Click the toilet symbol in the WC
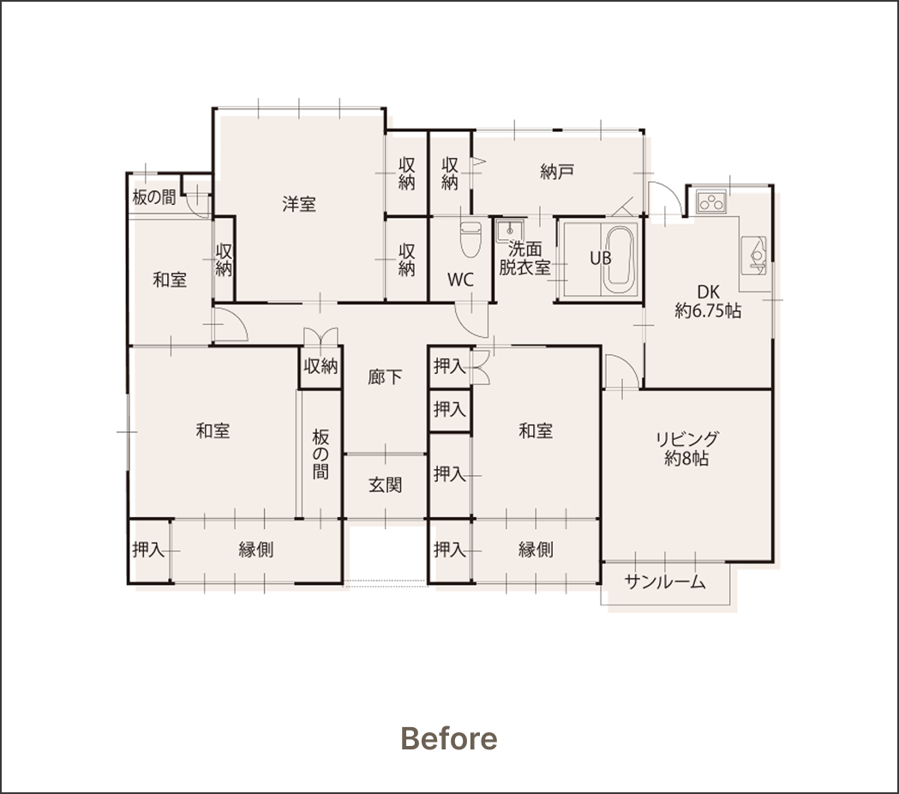470,240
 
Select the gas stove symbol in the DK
711,203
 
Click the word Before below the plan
448,738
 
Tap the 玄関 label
386,484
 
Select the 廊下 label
385,377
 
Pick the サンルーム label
665,582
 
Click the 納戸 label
557,171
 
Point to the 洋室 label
299,204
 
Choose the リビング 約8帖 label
687,448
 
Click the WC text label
460,280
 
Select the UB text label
599,257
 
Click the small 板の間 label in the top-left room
154,198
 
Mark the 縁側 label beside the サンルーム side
535,550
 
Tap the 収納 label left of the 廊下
321,366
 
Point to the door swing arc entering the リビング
619,371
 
